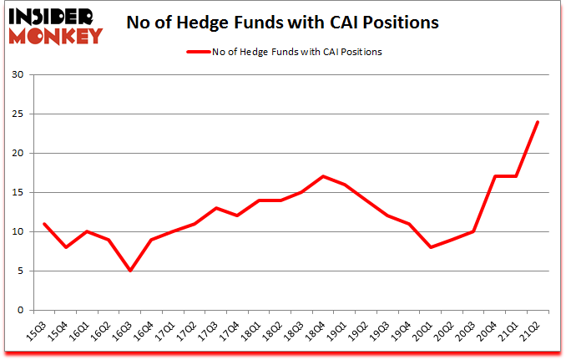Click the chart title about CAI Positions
[x=282, y=23]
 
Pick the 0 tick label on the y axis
[x=19, y=311]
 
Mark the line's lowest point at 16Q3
[x=130, y=271]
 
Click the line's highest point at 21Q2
[x=538, y=122]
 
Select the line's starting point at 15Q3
[x=43, y=224]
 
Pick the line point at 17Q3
[x=217, y=208]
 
